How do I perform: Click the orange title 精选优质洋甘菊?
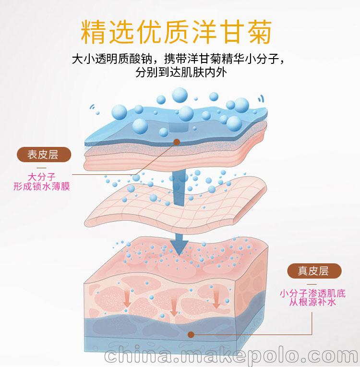176,32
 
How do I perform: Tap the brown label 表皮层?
44,155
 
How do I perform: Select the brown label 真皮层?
314,271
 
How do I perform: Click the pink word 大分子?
42,177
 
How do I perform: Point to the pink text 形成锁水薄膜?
42,186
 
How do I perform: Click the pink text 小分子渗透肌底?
312,293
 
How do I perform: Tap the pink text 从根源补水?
312,302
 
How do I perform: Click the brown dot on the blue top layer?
177,142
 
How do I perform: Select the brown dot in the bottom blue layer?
191,335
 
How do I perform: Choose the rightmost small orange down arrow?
216,300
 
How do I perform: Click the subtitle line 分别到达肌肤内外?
181,73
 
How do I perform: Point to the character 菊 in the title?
260,32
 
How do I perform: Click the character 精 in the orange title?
93,32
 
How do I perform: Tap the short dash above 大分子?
41,168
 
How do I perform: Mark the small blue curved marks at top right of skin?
261,99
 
